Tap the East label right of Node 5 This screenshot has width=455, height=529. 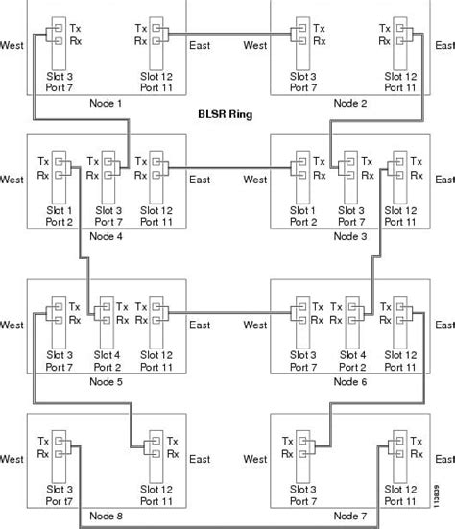(x=200, y=325)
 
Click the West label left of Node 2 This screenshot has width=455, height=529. (x=255, y=44)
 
